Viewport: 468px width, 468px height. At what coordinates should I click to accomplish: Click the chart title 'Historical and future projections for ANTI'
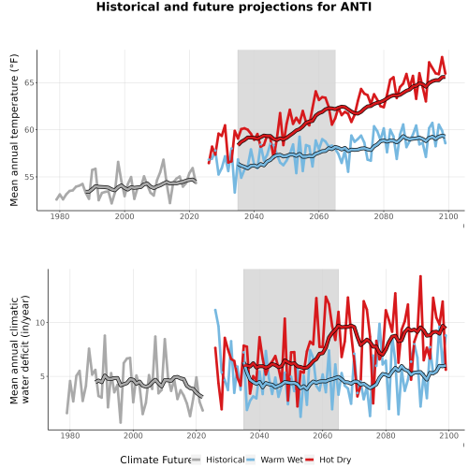pos(234,7)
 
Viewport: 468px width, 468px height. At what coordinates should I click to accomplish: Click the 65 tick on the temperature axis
pos(29,82)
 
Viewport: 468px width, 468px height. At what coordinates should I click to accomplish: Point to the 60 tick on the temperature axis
pos(29,130)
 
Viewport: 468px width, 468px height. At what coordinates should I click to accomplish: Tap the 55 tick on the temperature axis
pos(29,177)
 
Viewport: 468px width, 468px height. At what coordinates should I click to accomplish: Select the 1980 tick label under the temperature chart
pos(60,216)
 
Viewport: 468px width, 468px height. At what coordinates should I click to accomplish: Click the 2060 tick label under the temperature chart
pos(319,216)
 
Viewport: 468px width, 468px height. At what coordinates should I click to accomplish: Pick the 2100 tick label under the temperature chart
pos(448,216)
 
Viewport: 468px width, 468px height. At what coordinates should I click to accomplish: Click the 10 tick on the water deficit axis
pos(40,323)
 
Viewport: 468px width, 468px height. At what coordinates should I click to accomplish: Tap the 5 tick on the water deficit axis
pos(43,376)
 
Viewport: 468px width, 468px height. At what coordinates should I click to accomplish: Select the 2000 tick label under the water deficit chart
pos(133,435)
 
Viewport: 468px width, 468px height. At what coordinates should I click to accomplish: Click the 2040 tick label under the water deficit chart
pos(259,435)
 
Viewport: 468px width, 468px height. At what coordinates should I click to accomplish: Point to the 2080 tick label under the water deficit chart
pos(386,435)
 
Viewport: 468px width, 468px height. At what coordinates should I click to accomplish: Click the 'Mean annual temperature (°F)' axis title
pos(14,130)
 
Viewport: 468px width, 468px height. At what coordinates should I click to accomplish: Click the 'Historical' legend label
pos(226,460)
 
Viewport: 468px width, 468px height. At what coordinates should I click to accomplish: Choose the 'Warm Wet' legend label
pos(282,460)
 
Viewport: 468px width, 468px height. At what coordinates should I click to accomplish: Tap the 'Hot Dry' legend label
pos(335,460)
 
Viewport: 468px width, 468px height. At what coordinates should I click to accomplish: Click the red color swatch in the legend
pos(309,460)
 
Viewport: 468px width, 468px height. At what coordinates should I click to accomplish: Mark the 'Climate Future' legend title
pos(155,460)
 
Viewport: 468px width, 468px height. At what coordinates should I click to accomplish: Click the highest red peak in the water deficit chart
pos(420,276)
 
